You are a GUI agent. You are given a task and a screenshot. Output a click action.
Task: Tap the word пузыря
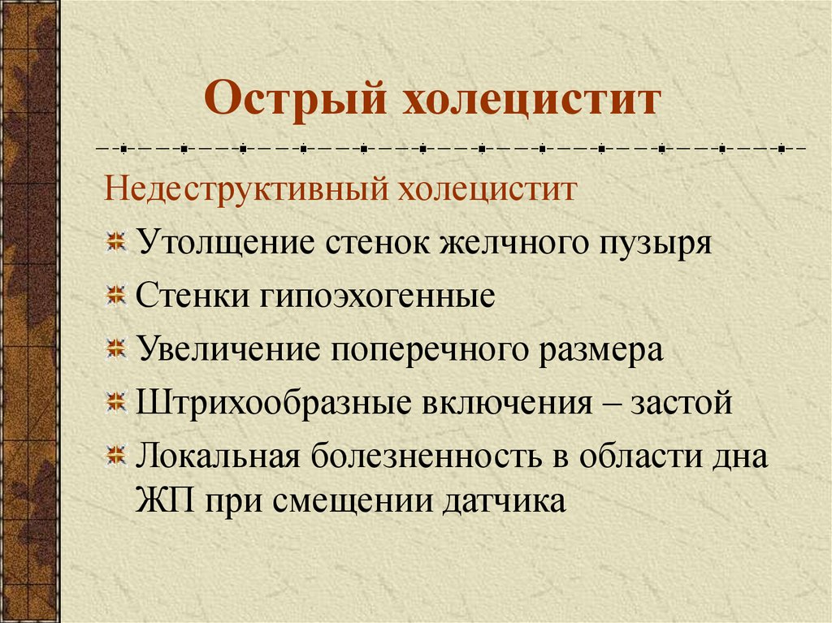[x=654, y=243]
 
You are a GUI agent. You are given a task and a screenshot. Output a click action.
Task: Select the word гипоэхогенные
[x=378, y=296]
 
